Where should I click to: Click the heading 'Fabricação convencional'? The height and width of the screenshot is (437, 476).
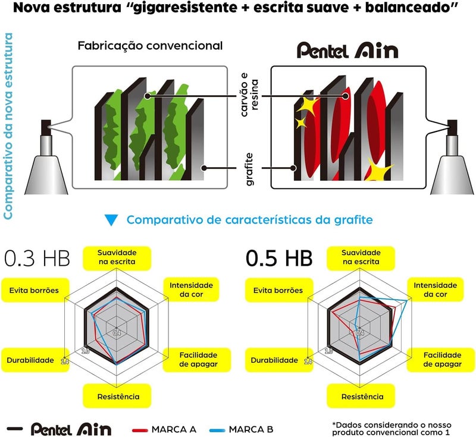[150, 46]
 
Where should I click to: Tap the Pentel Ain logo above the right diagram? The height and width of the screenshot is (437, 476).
[347, 51]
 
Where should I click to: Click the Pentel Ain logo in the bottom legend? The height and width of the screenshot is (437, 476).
[71, 429]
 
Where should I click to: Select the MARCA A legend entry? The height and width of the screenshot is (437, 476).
[164, 429]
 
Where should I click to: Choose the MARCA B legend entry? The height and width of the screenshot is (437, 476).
[242, 429]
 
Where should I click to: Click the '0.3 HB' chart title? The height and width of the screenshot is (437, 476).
[37, 259]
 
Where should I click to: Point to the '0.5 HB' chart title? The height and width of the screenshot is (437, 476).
[279, 259]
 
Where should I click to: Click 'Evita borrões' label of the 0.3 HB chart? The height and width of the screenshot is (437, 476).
[34, 290]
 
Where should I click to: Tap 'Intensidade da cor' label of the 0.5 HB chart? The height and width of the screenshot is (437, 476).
[435, 290]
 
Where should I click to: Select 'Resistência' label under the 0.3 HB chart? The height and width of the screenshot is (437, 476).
[118, 397]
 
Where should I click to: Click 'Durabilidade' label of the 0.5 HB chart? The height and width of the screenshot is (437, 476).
[274, 360]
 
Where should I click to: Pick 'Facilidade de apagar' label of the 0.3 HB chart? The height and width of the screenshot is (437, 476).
[198, 359]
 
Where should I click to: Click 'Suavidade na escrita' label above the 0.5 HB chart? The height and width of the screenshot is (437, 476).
[361, 257]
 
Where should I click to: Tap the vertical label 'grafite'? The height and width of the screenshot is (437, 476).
[249, 169]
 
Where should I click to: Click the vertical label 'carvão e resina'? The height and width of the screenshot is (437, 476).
[249, 95]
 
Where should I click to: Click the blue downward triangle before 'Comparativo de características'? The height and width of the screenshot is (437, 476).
[111, 220]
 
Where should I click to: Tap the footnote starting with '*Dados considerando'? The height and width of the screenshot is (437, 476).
[392, 429]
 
